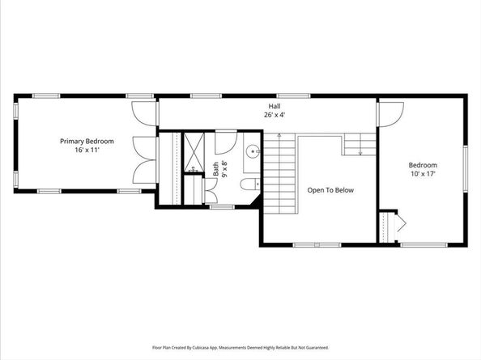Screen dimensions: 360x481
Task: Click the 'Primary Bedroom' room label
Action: pos(87,141)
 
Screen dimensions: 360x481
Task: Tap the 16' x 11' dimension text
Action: pos(87,150)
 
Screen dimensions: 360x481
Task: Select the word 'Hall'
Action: pos(275,105)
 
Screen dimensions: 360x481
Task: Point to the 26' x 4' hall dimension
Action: pos(275,114)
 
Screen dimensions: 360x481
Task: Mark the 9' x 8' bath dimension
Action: pos(225,169)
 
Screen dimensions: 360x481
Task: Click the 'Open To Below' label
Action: pos(330,191)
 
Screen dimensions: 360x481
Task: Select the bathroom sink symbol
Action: pos(252,150)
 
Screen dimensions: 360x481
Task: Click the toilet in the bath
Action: pos(249,186)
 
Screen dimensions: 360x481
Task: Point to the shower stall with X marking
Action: pos(194,149)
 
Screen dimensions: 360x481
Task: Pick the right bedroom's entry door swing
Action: pos(389,116)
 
